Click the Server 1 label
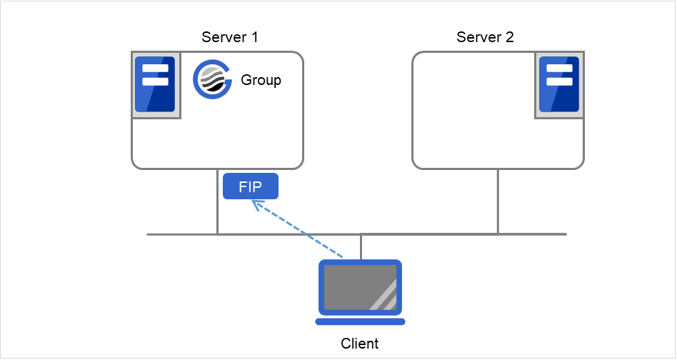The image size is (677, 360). click(x=229, y=36)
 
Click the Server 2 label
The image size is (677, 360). click(x=485, y=36)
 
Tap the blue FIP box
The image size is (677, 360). click(x=250, y=188)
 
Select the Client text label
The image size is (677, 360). click(x=359, y=344)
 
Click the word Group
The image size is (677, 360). click(x=261, y=80)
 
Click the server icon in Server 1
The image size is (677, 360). click(x=156, y=84)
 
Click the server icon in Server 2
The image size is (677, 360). click(x=558, y=84)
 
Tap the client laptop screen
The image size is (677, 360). click(x=360, y=287)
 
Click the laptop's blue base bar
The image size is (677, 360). click(x=360, y=322)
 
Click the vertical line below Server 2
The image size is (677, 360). click(x=498, y=201)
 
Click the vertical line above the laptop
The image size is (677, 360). click(x=361, y=246)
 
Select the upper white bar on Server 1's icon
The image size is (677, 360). click(x=155, y=69)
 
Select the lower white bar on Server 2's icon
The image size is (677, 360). click(x=558, y=81)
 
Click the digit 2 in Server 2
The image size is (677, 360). click(x=509, y=36)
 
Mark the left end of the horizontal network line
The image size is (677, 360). click(x=149, y=234)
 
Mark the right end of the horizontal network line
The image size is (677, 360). click(x=565, y=234)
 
